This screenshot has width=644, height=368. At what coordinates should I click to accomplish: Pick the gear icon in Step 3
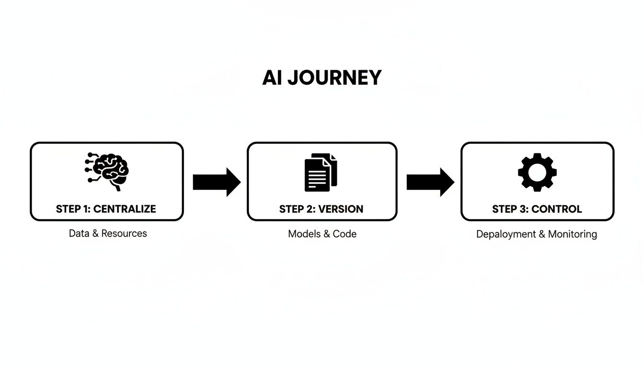coord(537,172)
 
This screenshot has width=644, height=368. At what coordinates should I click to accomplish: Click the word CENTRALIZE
coord(125,209)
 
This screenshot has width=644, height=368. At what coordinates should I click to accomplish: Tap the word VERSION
coord(341,209)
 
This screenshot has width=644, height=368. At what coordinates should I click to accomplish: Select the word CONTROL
coord(556,209)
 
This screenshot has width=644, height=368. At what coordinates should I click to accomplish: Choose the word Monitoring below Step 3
coord(573,234)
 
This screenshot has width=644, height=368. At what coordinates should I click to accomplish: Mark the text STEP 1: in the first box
coord(73,209)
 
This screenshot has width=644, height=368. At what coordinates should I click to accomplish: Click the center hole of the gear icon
coord(537,172)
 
